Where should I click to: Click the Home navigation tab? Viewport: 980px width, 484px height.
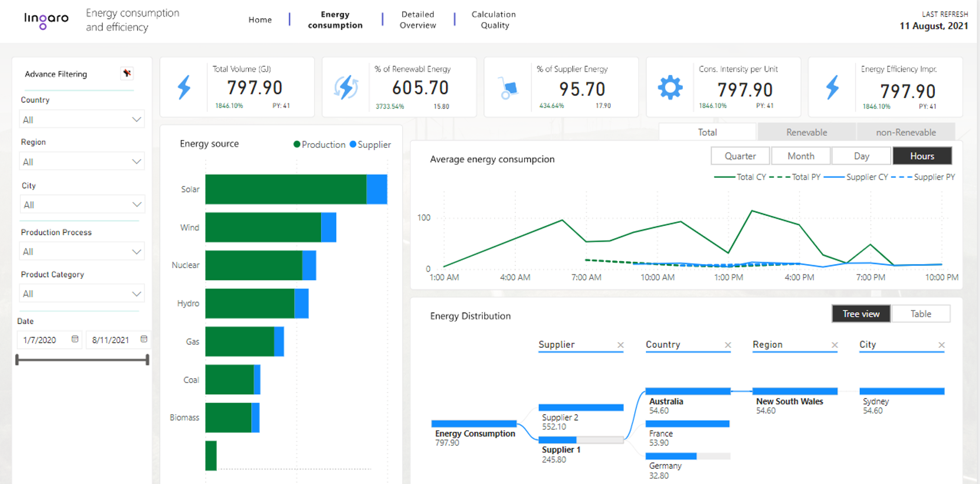coord(260,20)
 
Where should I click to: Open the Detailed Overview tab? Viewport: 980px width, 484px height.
coord(417,20)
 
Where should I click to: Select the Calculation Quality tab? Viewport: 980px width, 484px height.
coord(494,20)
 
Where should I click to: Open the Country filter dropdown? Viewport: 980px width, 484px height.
coord(81,120)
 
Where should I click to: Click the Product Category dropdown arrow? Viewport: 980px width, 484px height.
coord(137,293)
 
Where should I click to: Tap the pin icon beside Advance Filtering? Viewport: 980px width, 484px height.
coord(127,73)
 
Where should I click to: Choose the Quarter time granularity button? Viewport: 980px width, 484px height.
coord(740,156)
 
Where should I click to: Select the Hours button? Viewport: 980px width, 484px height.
coord(921,156)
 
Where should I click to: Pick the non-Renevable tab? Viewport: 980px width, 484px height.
coord(906,133)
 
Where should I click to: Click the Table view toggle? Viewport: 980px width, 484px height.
coord(920,314)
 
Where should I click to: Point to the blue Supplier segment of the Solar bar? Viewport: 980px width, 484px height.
coord(377,189)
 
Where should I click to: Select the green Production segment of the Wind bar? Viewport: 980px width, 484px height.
coord(263,228)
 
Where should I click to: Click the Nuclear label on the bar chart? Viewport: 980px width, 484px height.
coord(185,265)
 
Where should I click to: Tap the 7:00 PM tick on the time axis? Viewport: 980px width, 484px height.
coord(870,277)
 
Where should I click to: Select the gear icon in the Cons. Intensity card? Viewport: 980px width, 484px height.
coord(670,87)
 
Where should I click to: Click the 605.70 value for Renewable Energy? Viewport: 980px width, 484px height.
coord(420,88)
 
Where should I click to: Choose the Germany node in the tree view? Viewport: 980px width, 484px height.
coord(665,466)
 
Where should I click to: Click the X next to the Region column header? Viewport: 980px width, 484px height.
coord(834,345)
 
